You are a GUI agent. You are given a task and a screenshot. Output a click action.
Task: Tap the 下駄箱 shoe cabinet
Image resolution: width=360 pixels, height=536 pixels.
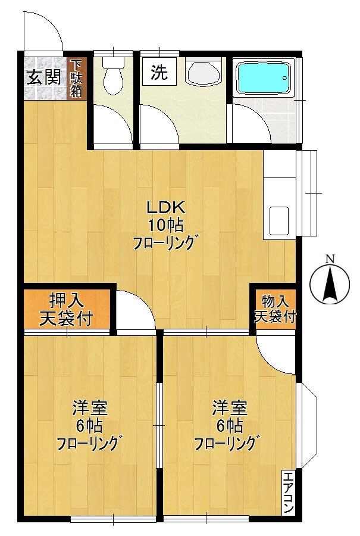coord(76,78)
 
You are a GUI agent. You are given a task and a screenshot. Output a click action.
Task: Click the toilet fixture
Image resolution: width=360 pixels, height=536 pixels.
coord(112,75)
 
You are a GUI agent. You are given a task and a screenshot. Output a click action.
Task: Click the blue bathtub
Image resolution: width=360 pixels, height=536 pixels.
coord(263,78)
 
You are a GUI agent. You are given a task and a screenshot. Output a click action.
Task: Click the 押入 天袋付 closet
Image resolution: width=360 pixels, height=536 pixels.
coord(67,310)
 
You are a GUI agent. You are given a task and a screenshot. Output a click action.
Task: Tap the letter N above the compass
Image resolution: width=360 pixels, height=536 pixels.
coord(330,258)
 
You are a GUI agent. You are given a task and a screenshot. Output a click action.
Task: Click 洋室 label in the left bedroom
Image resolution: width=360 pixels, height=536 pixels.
coord(89,409)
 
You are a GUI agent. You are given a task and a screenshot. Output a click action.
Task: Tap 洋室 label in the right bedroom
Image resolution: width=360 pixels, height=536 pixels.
coord(230,409)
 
